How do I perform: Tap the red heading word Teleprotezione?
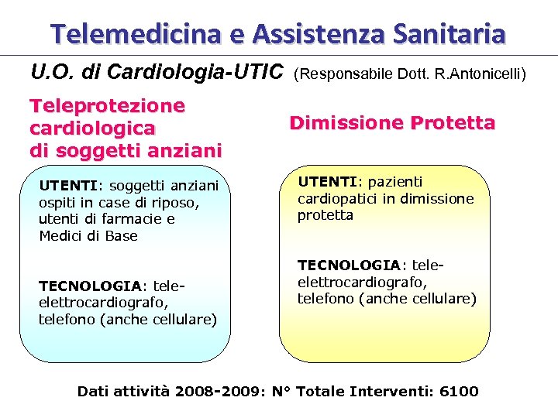point(107,105)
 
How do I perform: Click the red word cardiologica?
point(92,127)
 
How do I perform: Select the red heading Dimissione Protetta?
point(392,122)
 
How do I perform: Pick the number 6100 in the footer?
point(459,391)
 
